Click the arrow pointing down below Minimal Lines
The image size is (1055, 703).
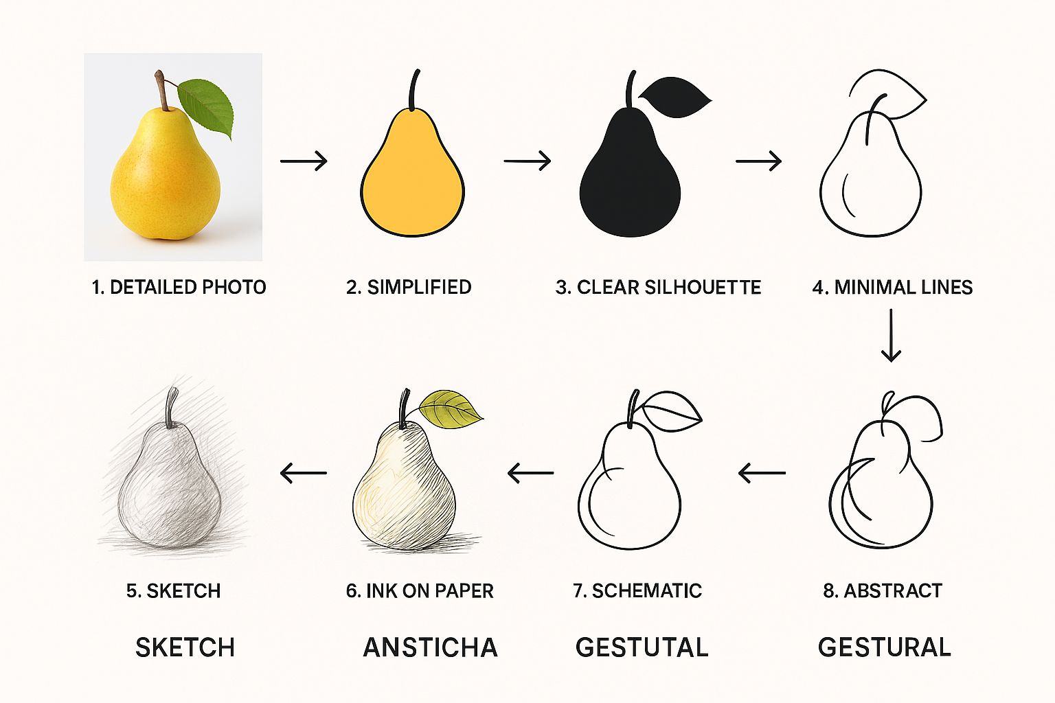891,335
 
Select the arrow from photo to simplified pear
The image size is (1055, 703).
304,161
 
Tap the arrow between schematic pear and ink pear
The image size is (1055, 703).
530,473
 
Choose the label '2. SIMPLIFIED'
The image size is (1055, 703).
409,287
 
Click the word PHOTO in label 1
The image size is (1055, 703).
234,287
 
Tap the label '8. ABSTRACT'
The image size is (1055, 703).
883,590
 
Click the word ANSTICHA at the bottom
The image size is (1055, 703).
431,647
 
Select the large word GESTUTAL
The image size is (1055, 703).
642,647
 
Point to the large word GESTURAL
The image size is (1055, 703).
885,647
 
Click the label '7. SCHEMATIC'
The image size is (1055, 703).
637,590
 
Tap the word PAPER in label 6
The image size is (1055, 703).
464,590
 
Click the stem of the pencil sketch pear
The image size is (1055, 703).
172,407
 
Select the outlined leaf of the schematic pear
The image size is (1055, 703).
672,411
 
